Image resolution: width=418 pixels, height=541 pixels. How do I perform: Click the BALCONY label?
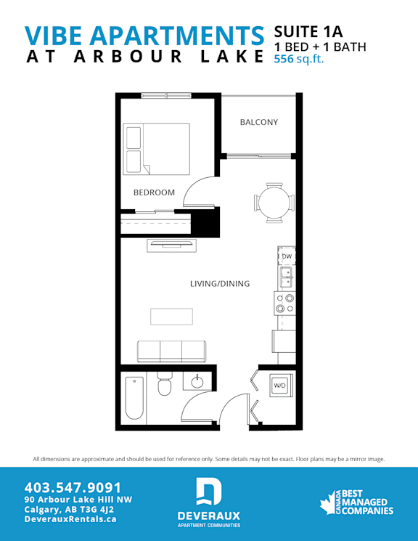pos(258,122)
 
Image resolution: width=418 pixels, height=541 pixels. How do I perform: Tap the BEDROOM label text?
pos(154,192)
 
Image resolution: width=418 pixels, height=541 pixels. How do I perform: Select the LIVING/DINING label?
pos(220,284)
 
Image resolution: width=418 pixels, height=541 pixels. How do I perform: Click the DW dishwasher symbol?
pos(287,256)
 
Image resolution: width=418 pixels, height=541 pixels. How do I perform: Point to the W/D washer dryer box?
pos(280,386)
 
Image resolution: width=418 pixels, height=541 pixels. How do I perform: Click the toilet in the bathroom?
pos(164,383)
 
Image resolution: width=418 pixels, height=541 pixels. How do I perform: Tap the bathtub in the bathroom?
pos(134,398)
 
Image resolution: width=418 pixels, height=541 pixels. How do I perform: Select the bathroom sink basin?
pos(197,381)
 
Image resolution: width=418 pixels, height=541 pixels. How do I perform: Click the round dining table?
pos(274,203)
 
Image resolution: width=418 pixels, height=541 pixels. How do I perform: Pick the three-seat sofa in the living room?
pos(171,351)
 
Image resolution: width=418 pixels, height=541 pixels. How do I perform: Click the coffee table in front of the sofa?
pos(171,317)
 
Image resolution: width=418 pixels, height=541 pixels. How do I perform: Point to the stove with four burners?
pos(285,304)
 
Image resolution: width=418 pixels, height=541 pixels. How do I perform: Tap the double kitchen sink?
pos(286,277)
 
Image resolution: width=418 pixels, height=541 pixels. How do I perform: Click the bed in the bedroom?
pos(157,149)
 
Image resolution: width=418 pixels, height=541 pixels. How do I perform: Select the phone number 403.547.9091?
pos(73,488)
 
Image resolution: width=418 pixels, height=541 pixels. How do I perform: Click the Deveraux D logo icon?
pos(209,492)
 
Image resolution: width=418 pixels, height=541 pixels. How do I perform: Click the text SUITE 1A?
pos(308,32)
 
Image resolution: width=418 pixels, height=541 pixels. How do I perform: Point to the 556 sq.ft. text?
pos(299,59)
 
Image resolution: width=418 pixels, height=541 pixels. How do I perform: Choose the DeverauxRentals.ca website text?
pos(70,519)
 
